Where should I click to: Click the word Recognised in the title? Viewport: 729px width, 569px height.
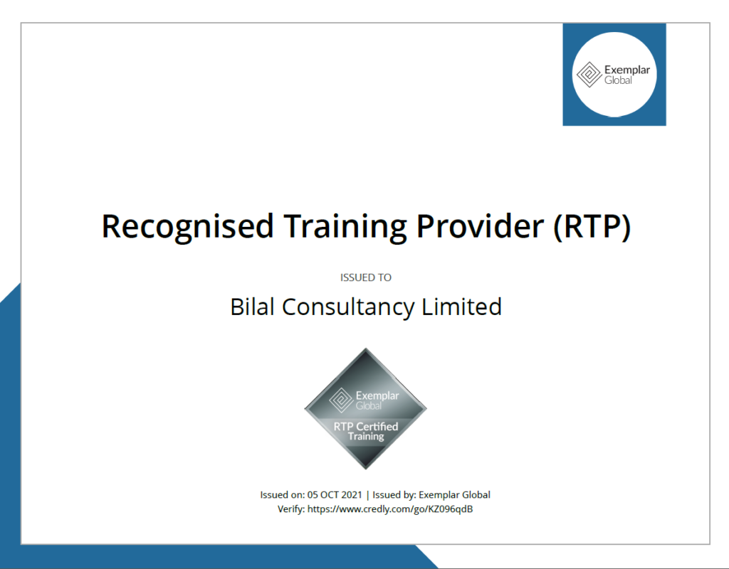point(187,226)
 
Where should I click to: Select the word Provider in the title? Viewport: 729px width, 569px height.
point(479,226)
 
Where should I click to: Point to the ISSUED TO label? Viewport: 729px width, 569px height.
point(366,277)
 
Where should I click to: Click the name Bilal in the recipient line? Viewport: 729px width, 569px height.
point(253,307)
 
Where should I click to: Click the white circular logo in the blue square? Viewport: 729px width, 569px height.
point(614,74)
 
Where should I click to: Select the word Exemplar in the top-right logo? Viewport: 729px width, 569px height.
point(626,70)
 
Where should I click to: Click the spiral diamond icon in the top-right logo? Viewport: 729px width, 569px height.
point(589,75)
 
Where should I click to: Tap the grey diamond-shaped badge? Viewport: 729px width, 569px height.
point(366,409)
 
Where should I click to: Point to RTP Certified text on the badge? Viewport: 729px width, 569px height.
point(366,426)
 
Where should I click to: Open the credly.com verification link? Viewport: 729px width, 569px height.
point(390,509)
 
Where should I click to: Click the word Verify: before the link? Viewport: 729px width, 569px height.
point(290,509)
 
